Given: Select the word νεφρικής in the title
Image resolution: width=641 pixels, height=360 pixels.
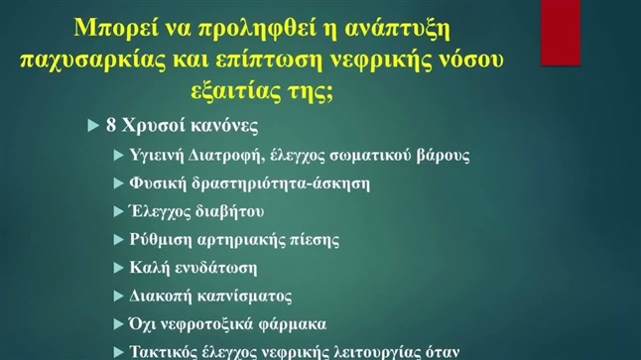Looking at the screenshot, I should (x=394, y=59).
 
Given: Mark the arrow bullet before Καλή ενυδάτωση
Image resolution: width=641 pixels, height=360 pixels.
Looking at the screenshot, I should (x=119, y=268).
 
